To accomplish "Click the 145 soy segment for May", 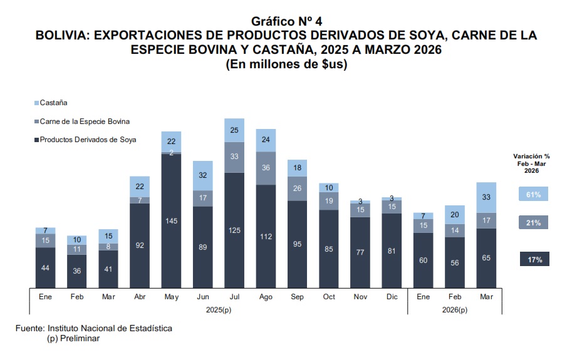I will (x=172, y=220).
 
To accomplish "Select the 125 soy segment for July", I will (x=234, y=230).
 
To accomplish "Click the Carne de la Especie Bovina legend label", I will (x=85, y=121).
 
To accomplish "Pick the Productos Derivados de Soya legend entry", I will (x=88, y=140).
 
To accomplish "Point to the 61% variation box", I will (x=534, y=195).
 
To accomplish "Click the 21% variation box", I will (x=534, y=222).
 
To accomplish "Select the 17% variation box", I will (x=534, y=259).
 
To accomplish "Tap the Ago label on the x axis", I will (x=266, y=297).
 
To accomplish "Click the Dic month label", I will (x=392, y=297).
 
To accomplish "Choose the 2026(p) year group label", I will (x=455, y=309).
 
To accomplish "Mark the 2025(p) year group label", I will (x=219, y=309).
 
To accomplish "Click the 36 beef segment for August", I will (x=266, y=168).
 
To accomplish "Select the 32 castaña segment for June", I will (x=203, y=175).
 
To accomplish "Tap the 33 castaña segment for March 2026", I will (x=487, y=197).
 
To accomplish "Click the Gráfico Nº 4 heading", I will (x=286, y=22).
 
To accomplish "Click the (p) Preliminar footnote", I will (x=73, y=338).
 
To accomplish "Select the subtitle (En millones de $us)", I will (x=286, y=64).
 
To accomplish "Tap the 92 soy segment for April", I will (x=140, y=245).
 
